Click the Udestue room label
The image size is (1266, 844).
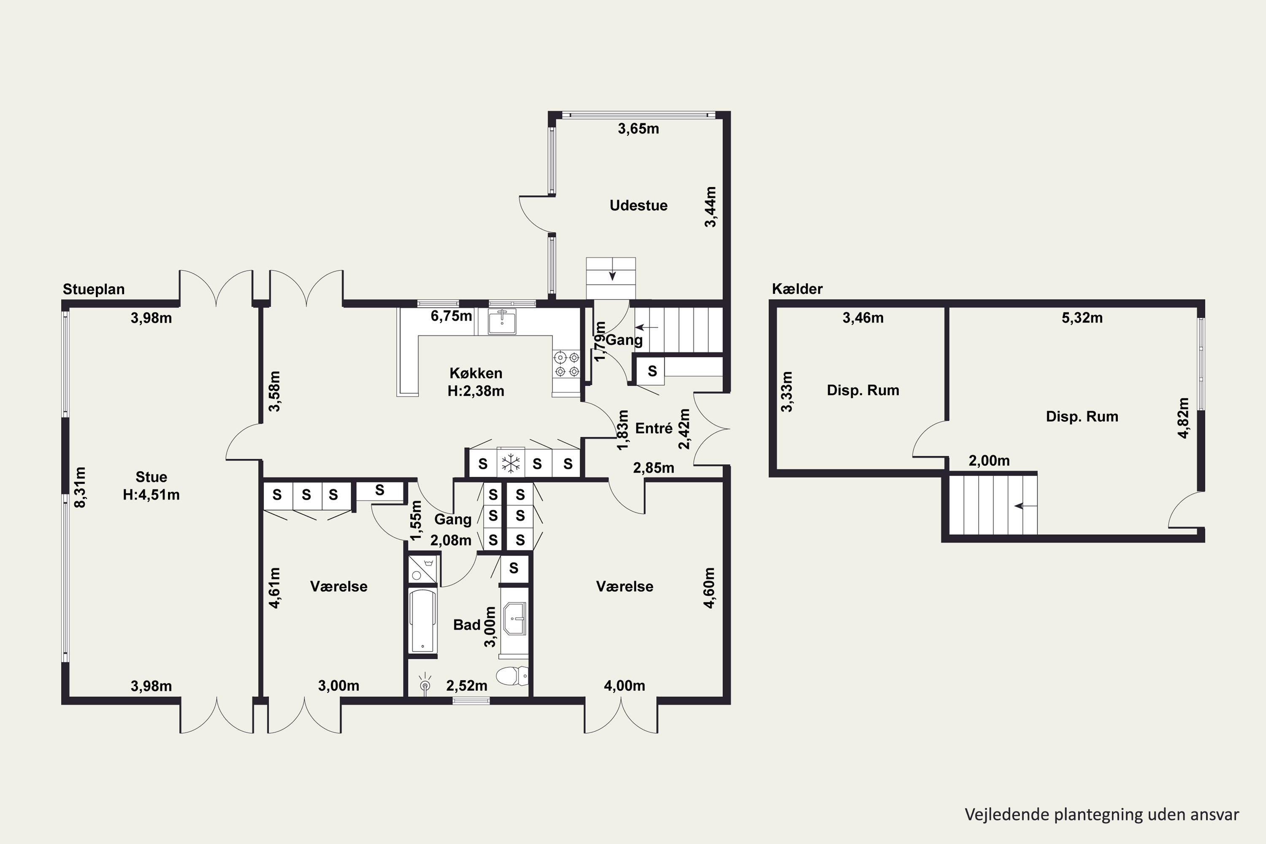pyautogui.click(x=638, y=205)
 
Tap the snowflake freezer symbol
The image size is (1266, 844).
pyautogui.click(x=510, y=463)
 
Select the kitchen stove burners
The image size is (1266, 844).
pyautogui.click(x=567, y=364)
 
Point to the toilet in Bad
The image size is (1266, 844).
pyautogui.click(x=512, y=676)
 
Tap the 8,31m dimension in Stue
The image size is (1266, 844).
pyautogui.click(x=80, y=487)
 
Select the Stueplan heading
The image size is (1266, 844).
pyautogui.click(x=94, y=289)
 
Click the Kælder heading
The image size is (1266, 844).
pyautogui.click(x=797, y=289)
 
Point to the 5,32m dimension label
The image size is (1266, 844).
pyautogui.click(x=1082, y=318)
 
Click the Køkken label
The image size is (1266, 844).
pyautogui.click(x=476, y=373)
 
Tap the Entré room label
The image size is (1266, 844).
pyautogui.click(x=654, y=428)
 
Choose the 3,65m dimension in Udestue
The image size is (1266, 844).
pyautogui.click(x=638, y=129)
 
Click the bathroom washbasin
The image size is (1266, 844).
pyautogui.click(x=514, y=619)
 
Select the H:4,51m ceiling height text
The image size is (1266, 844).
pyautogui.click(x=151, y=495)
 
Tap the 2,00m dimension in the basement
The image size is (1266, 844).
pyautogui.click(x=989, y=461)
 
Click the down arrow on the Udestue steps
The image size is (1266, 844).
pyautogui.click(x=612, y=276)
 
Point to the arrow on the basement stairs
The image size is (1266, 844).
pyautogui.click(x=1025, y=506)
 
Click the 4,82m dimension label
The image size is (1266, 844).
pyautogui.click(x=1183, y=418)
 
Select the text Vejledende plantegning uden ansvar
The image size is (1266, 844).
pyautogui.click(x=1102, y=814)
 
